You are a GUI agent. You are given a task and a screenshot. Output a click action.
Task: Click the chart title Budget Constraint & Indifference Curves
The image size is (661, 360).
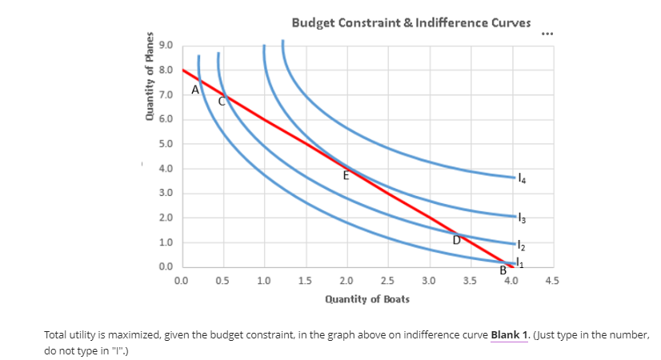pyautogui.click(x=411, y=22)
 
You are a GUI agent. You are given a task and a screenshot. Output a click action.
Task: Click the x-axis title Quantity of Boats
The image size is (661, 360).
pyautogui.click(x=367, y=298)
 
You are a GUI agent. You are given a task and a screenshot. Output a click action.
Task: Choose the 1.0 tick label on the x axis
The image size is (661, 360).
pyautogui.click(x=264, y=281)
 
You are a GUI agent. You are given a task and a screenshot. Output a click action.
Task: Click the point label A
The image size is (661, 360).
pyautogui.click(x=194, y=90)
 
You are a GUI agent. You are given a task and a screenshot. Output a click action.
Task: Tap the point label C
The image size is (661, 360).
pyautogui.click(x=223, y=102)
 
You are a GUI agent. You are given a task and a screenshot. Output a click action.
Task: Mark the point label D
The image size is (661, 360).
pyautogui.click(x=456, y=238)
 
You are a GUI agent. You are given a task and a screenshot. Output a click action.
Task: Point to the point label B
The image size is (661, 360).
pyautogui.click(x=503, y=270)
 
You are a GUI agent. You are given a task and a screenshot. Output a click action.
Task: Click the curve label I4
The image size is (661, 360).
pyautogui.click(x=522, y=177)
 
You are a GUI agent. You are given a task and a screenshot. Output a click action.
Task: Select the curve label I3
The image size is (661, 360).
pyautogui.click(x=522, y=217)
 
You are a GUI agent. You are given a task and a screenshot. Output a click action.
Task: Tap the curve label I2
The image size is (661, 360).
pyautogui.click(x=522, y=242)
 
